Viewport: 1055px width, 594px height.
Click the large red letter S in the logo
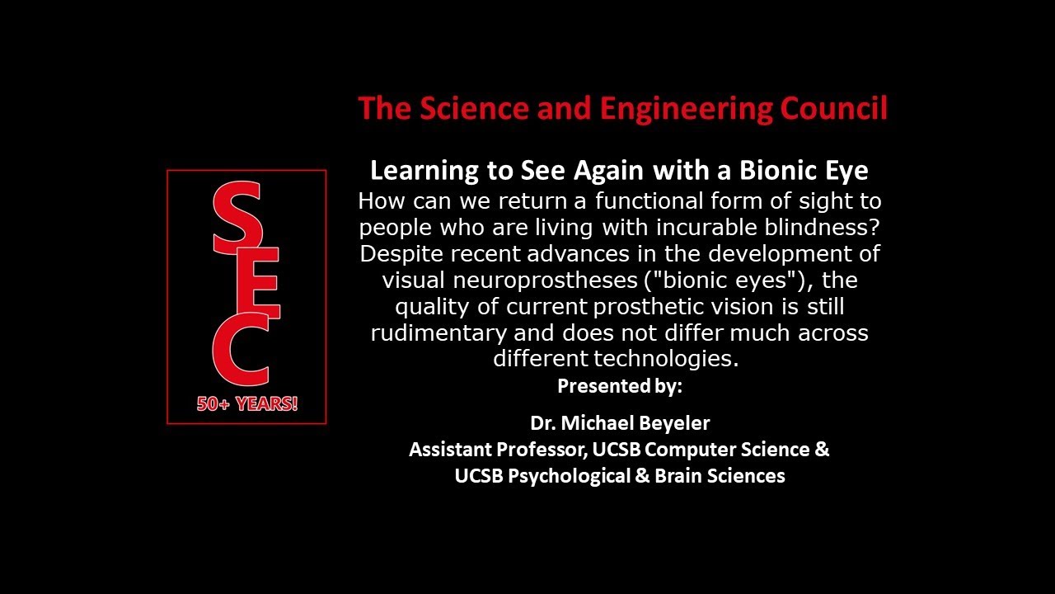click(237, 219)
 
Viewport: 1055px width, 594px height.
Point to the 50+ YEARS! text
click(246, 404)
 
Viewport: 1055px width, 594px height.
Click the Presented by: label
click(620, 386)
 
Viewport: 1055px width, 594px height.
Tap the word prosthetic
click(644, 307)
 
